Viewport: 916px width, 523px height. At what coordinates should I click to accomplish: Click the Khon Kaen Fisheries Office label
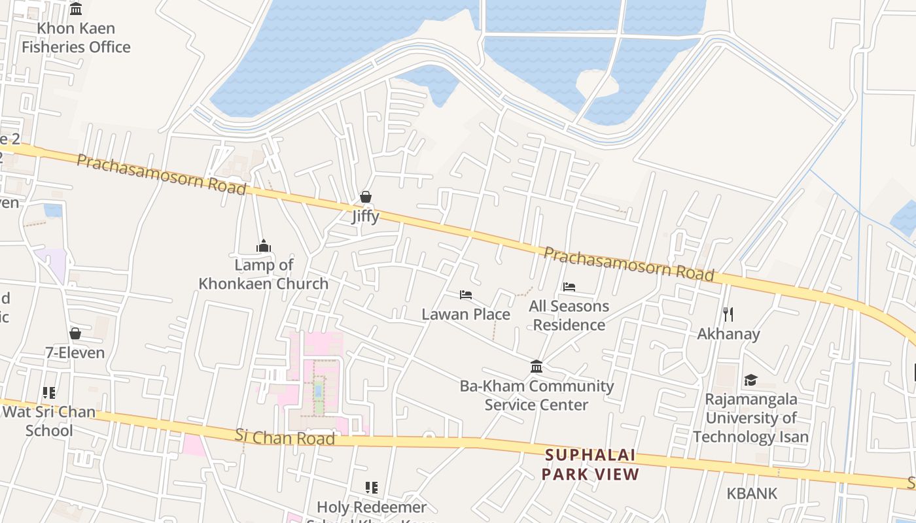coord(76,38)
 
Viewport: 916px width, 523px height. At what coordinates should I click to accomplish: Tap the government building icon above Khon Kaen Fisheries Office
coord(76,9)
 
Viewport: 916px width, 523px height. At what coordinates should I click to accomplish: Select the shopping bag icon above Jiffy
coord(366,197)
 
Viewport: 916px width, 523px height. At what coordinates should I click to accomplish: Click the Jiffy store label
coord(365,216)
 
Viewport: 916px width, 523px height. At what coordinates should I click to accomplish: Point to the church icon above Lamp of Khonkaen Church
coord(264,246)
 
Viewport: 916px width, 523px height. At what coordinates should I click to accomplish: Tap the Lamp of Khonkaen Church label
coord(264,275)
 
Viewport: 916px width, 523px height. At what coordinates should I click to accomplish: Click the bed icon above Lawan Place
coord(466,295)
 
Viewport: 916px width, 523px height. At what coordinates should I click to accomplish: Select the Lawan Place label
coord(466,314)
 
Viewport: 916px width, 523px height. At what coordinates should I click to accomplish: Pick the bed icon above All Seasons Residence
coord(569,287)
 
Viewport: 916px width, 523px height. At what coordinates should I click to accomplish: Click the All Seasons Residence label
coord(569,315)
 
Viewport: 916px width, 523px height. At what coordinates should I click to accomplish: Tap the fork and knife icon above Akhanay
coord(728,314)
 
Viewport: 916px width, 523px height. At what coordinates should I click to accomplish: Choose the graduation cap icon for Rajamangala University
coord(750,380)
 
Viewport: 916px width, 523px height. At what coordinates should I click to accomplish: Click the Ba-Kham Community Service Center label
coord(537,395)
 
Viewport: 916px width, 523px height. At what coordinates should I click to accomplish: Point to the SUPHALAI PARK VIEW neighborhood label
coord(590,465)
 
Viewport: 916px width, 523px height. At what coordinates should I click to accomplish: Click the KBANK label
coord(752,494)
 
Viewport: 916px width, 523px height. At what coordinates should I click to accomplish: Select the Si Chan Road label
coord(285,437)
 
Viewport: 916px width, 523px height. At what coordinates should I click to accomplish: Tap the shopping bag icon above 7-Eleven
coord(75,333)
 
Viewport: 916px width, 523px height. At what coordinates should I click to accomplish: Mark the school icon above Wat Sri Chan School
coord(49,392)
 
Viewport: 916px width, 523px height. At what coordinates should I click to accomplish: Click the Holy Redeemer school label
coord(372,507)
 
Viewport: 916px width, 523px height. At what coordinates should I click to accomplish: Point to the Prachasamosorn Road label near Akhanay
coord(628,263)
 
